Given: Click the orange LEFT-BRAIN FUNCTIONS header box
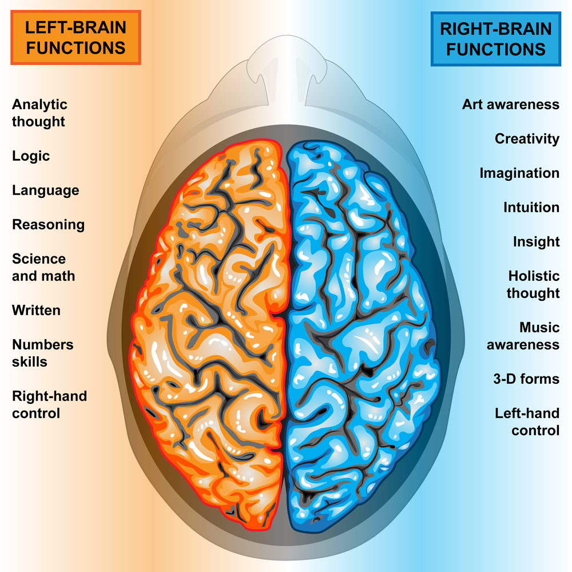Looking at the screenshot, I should click(x=76, y=38).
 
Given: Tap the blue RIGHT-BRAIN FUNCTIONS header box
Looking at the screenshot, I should click(x=496, y=38).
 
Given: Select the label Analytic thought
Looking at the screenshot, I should click(x=39, y=113).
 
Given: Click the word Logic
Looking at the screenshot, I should click(x=31, y=156).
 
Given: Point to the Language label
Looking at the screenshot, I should click(x=46, y=190).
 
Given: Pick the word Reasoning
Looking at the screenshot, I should click(x=49, y=225).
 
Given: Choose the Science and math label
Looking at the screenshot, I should click(x=43, y=268).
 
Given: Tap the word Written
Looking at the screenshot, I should click(x=36, y=311).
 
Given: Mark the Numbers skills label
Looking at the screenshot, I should click(x=43, y=353).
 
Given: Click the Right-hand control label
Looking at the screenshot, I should click(x=50, y=404).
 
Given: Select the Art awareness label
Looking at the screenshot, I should click(x=511, y=105).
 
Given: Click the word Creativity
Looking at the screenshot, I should click(x=527, y=139).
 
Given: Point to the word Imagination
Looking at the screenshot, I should click(x=519, y=173).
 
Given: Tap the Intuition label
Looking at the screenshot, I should click(x=531, y=208).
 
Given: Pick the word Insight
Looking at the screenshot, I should click(x=536, y=242).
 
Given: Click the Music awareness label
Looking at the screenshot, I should click(x=523, y=336).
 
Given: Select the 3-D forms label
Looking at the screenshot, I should click(x=526, y=379).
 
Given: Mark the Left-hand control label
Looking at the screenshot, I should click(x=527, y=422).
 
